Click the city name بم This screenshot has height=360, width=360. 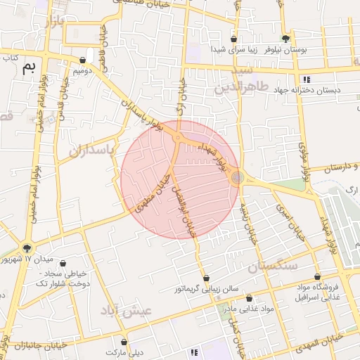coord(29,68)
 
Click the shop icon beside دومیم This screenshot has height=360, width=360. coord(84,60)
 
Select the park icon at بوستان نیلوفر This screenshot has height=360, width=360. coord(285,39)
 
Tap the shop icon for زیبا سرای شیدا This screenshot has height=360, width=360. coord(233,39)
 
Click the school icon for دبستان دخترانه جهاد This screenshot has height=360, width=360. coord(306,79)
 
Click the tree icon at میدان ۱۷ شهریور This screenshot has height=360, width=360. coord(27,247)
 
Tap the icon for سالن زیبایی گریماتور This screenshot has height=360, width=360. coord(207,278)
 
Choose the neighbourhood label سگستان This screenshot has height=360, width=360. coord(274,266)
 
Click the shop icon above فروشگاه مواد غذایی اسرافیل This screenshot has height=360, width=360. coord(317,277)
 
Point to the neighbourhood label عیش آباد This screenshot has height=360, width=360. coord(127,311)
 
